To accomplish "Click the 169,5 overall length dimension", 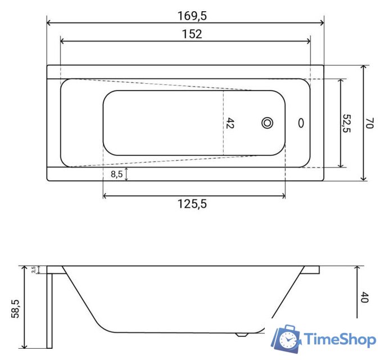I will (x=192, y=16).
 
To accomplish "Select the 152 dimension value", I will (x=192, y=34).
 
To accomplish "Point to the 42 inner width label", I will (x=230, y=123).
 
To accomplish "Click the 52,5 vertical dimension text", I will (x=347, y=123).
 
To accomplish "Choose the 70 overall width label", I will (x=369, y=123).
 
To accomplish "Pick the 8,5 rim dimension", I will (x=117, y=174).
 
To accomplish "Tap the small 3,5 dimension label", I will (x=34, y=270).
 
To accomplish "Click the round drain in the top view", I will (x=268, y=123).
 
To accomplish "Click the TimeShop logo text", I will (x=340, y=339).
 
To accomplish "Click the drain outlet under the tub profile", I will (x=242, y=334).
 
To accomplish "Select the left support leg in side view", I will (x=49, y=309).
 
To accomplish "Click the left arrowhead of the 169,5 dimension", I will (x=49, y=23).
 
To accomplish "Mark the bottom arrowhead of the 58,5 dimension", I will (x=25, y=345).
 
